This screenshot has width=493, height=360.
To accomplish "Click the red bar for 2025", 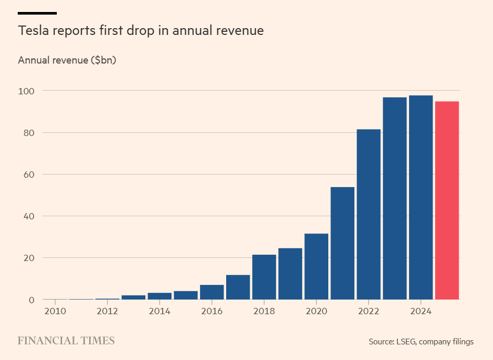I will (x=447, y=201).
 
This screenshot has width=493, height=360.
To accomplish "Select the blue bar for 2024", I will (x=421, y=197).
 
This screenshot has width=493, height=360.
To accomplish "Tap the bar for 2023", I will (x=395, y=198).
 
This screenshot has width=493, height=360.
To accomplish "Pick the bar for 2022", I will (x=368, y=214).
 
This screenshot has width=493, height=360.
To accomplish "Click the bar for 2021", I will (x=342, y=243).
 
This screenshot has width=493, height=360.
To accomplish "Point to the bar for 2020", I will (x=316, y=266).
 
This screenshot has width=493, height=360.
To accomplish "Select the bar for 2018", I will (x=264, y=277).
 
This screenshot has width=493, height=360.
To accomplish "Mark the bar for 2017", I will (x=238, y=287).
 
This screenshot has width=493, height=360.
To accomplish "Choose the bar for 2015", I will (x=186, y=295).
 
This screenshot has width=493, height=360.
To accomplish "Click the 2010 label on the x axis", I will (x=55, y=312).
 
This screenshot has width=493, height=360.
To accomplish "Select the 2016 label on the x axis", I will (x=212, y=312).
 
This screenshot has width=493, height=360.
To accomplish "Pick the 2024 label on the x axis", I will (x=421, y=312).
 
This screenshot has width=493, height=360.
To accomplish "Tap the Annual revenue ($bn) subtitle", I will (x=67, y=60).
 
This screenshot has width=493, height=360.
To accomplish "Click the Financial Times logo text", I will (x=66, y=341).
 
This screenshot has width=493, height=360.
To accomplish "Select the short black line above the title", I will (x=37, y=13).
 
